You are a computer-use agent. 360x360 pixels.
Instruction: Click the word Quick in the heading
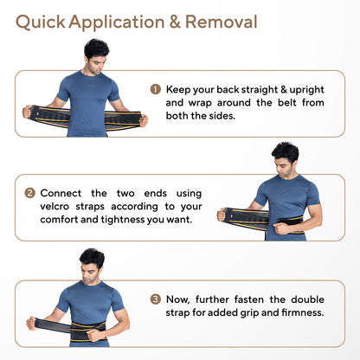[x=41, y=22]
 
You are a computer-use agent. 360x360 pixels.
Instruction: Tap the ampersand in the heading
[x=175, y=22]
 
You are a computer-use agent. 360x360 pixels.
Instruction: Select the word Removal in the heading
[x=222, y=22]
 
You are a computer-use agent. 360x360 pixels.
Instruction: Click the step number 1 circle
[x=156, y=89]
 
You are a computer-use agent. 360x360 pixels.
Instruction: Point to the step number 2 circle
[x=29, y=193]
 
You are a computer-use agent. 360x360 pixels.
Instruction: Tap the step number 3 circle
[x=156, y=299]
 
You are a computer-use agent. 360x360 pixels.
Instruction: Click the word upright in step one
[x=306, y=90]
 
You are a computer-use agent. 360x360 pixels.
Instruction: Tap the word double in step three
[x=307, y=299]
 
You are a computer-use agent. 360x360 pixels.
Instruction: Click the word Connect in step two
[x=61, y=193]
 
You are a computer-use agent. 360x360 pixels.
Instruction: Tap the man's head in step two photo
[x=285, y=159]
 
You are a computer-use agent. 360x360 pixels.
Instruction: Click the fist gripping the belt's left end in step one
[x=28, y=112]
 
